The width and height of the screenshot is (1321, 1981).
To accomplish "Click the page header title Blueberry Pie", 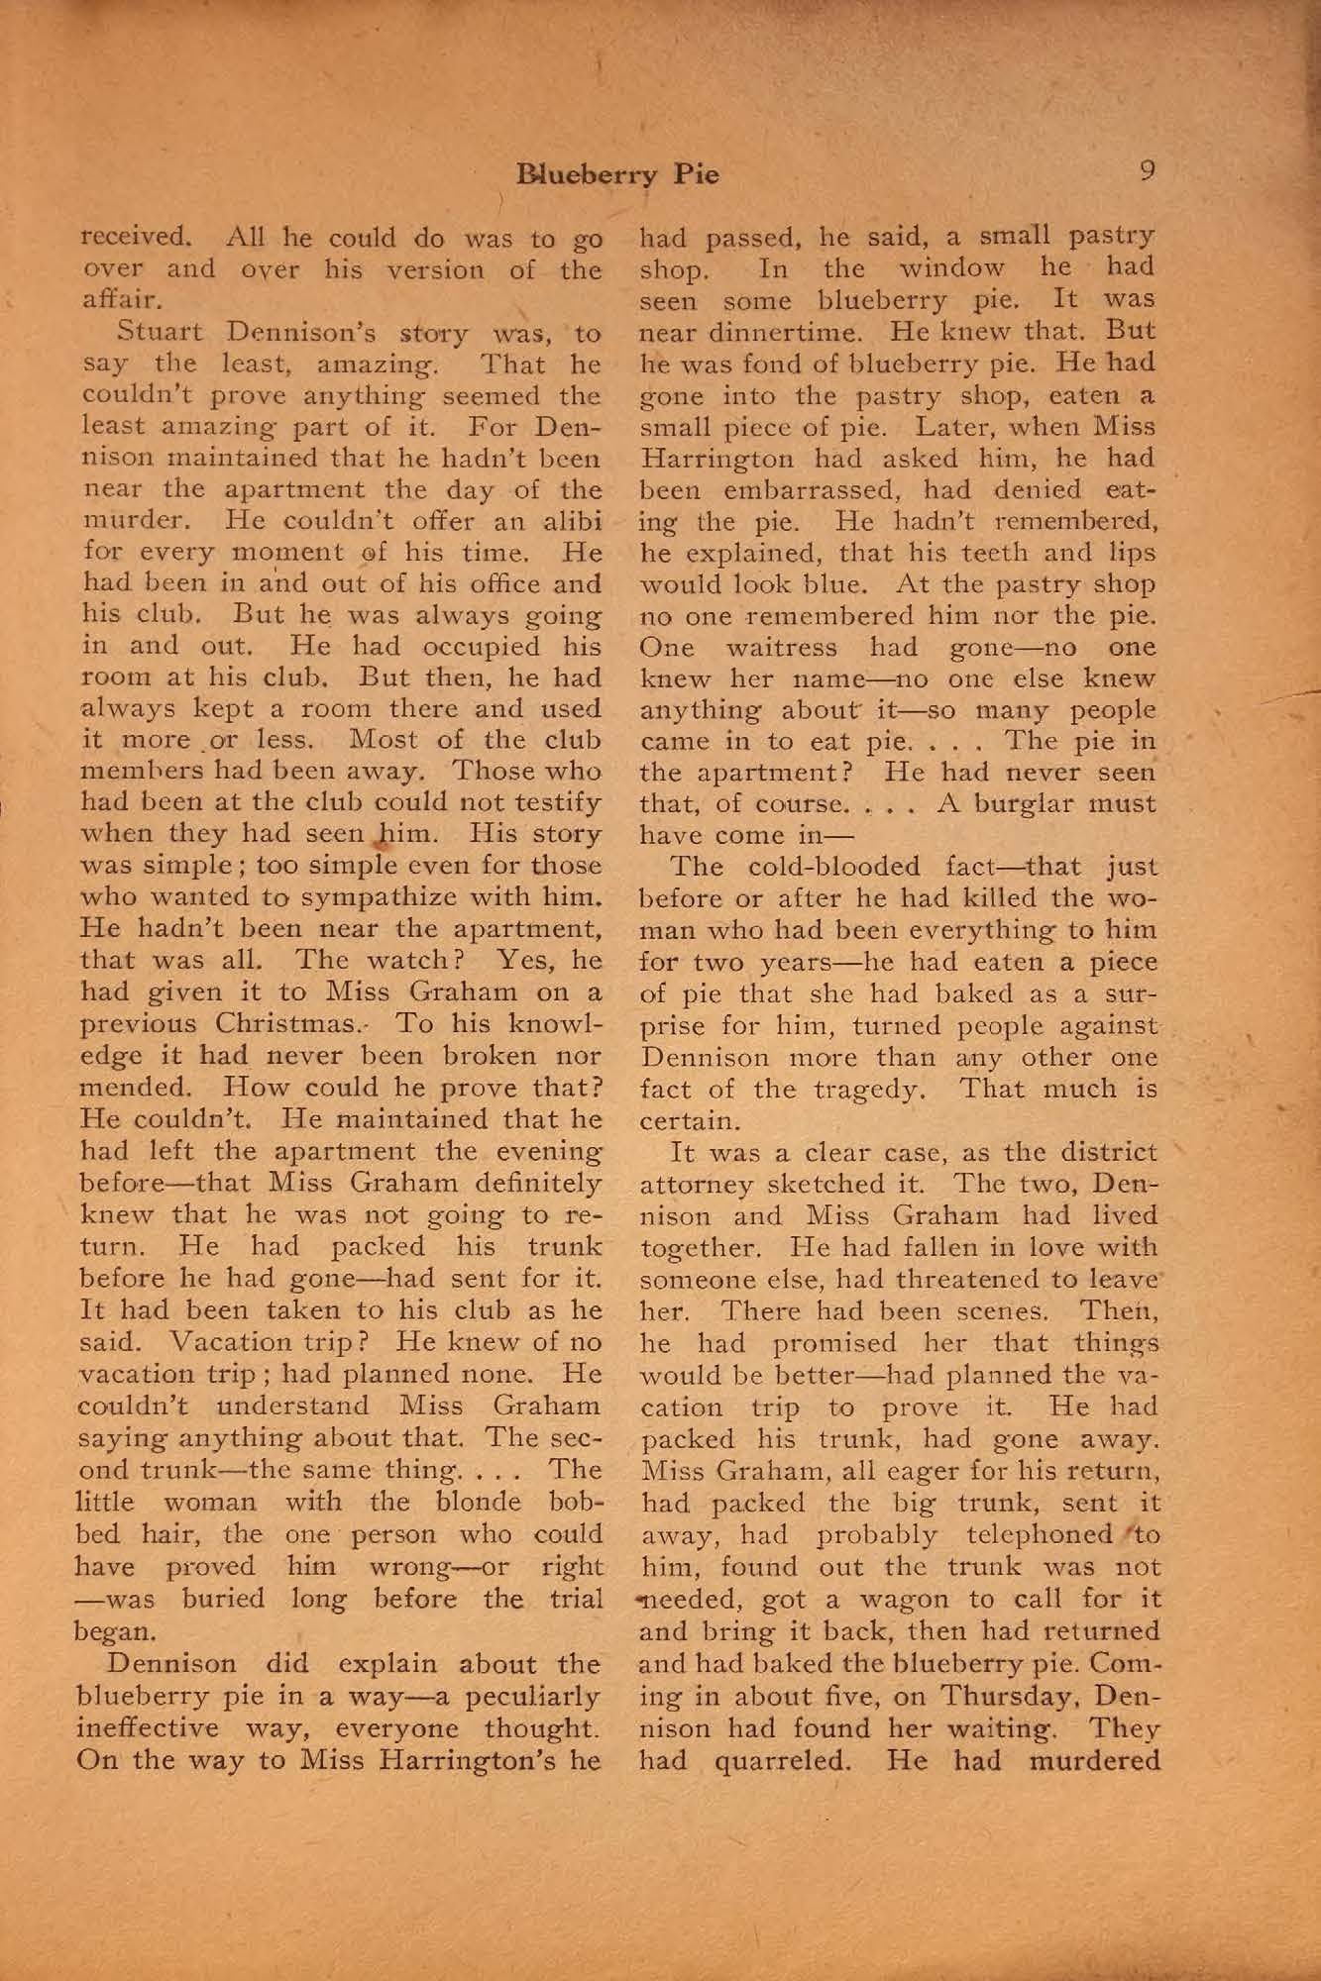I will coord(617,175).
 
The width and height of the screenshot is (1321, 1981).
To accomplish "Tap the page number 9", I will coord(1147,171).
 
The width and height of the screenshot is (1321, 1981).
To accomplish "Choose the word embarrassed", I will coord(809,489).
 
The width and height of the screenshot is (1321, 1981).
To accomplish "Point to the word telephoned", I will coord(1036,1534).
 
